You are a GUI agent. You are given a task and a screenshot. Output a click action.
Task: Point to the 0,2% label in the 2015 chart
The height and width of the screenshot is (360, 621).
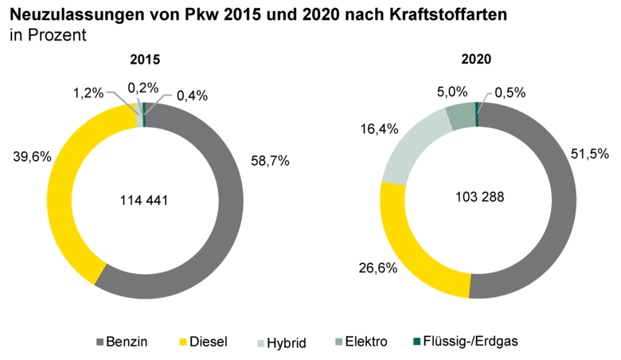pos(143,88)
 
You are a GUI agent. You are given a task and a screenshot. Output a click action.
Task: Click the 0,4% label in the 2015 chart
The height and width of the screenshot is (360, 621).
pos(191,96)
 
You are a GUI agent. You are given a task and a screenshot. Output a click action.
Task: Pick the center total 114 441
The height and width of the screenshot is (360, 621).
pos(145,202)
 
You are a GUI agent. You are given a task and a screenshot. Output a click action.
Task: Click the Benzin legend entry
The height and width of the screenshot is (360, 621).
pos(128,342)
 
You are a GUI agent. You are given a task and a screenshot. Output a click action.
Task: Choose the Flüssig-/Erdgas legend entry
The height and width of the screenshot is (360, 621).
pos(475,342)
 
